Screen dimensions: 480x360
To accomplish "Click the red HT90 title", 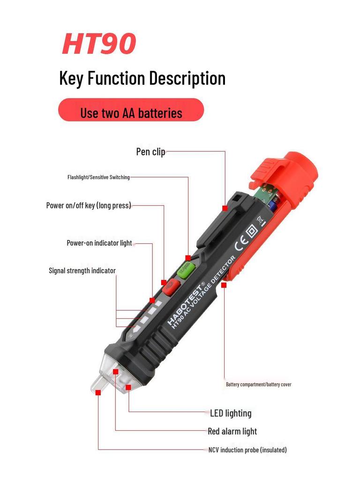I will coord(99,43).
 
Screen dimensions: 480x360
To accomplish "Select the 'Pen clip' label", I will coord(150,152).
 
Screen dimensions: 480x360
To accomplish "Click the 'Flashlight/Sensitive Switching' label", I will coord(98,177).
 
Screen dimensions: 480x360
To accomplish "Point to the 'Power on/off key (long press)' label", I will coord(89,205).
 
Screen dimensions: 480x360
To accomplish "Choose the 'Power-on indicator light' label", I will coord(99,243).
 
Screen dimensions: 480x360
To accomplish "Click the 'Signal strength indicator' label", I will coord(82,270).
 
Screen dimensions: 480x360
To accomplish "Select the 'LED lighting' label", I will coord(230,413).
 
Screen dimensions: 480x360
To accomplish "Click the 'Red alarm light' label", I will coord(232,431).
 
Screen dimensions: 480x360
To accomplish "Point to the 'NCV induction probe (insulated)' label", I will coord(247,450).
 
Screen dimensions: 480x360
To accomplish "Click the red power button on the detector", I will coord(172,286).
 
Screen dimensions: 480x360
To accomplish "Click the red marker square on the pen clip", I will coord(225,208).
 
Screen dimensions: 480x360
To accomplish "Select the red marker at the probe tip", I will coord(98,393).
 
